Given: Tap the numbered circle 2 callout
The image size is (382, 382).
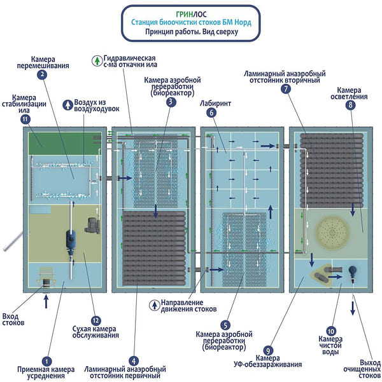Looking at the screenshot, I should click(x=43, y=74).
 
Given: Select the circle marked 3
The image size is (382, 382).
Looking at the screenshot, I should click(x=171, y=102).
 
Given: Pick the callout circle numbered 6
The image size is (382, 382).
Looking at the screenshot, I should click(x=211, y=113).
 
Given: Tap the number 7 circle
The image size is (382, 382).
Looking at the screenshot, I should click(x=285, y=89).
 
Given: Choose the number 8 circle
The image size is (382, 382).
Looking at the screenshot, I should click(x=350, y=106).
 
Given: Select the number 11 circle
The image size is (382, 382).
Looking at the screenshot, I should click(x=25, y=119).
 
